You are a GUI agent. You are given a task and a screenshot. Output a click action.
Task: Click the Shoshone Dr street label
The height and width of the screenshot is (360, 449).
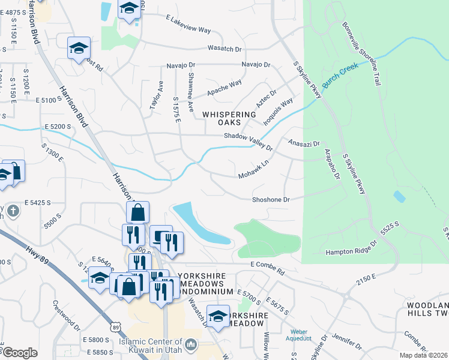(x=271, y=199)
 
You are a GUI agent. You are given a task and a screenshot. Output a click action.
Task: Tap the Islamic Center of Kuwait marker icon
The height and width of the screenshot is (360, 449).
(x=191, y=344)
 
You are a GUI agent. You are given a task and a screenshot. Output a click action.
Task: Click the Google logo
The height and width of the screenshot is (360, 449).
(x=20, y=353)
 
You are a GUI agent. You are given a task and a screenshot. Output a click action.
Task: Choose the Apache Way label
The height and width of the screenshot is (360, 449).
(x=224, y=87)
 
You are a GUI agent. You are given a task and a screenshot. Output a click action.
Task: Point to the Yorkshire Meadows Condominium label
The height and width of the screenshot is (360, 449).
(x=202, y=283)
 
